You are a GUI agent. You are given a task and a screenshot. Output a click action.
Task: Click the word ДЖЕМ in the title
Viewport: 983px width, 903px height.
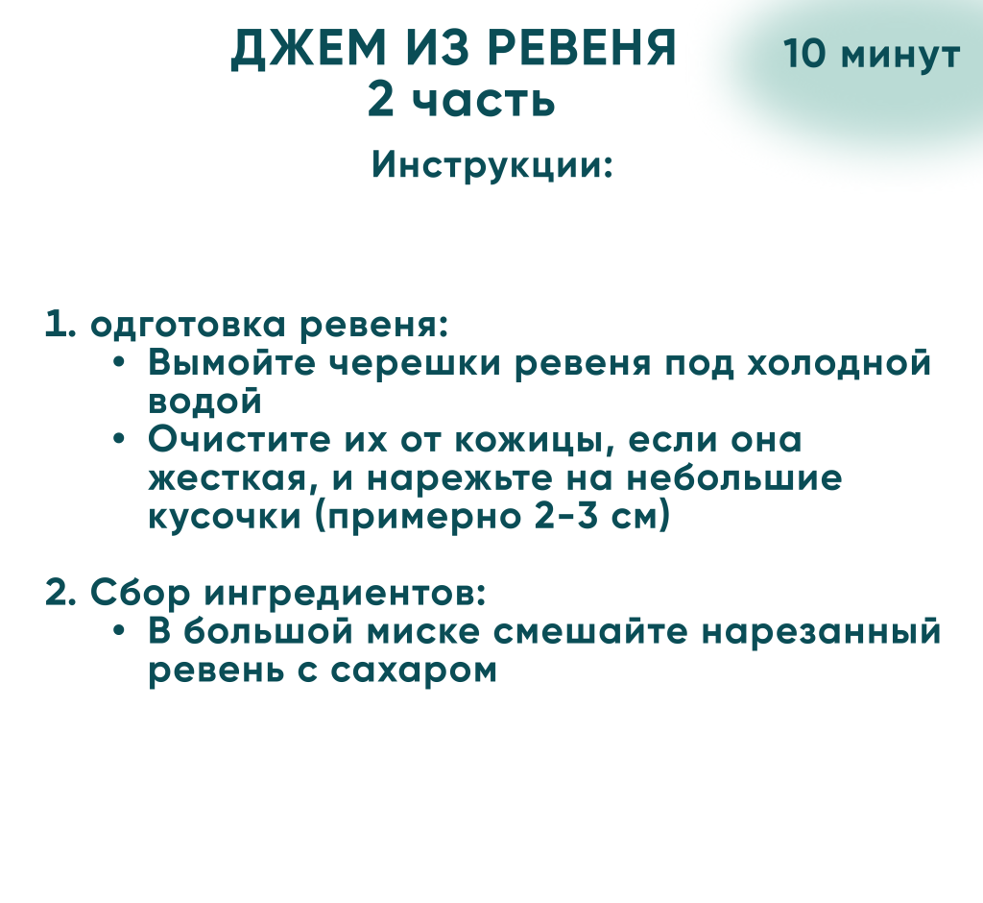308,48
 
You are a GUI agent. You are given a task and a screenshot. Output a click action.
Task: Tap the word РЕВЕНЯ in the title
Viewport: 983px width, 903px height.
582,48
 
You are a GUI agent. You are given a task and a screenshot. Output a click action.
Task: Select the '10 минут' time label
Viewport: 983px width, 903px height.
872,54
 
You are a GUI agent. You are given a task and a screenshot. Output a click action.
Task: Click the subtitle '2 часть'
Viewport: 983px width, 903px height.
462,100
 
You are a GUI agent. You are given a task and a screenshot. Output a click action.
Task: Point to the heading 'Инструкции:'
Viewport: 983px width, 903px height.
492,165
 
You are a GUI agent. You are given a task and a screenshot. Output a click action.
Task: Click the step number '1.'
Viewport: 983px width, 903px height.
60,325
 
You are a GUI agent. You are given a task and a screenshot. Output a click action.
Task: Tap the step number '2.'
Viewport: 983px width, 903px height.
60,593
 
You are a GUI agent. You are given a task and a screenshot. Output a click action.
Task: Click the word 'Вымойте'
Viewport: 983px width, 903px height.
232,363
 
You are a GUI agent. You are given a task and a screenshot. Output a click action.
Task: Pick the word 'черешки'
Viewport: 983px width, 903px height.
416,364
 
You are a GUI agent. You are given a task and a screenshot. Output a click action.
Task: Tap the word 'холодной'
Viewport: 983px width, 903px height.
839,363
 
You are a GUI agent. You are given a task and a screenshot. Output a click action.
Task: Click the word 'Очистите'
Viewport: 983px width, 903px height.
239,440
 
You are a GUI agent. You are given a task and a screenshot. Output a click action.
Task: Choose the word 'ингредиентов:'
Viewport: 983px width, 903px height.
345,594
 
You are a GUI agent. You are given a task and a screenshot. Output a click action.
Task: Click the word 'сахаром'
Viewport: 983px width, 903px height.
414,671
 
